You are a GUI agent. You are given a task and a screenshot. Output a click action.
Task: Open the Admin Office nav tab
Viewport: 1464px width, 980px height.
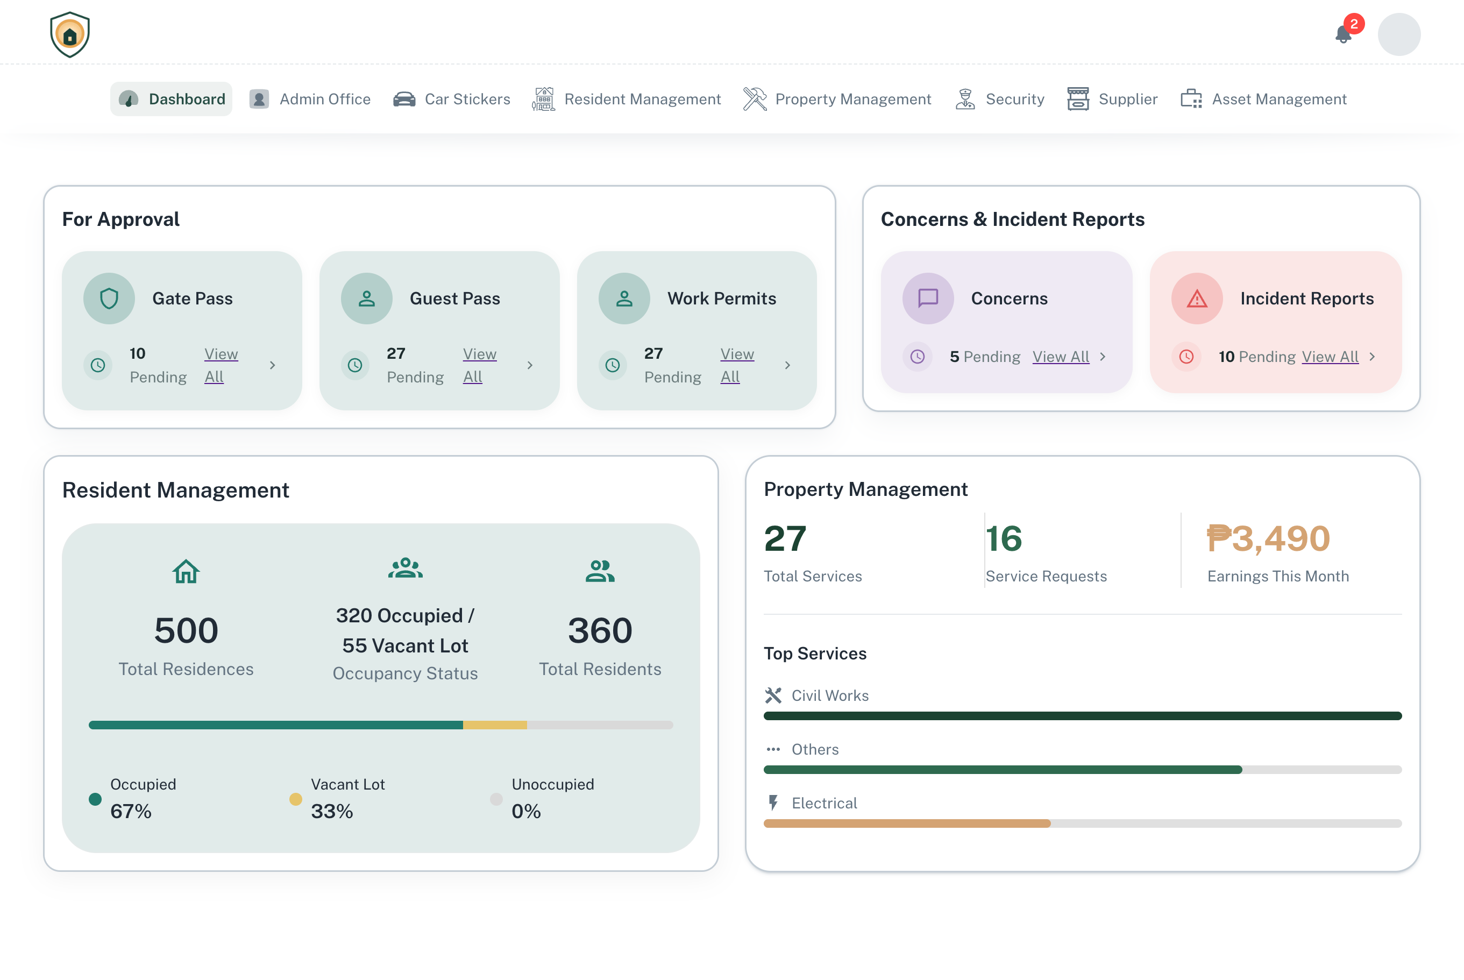(x=310, y=99)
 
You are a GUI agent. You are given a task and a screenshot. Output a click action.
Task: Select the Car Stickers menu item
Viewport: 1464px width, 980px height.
(x=451, y=99)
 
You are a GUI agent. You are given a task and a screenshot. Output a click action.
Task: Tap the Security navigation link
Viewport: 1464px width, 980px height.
(x=999, y=99)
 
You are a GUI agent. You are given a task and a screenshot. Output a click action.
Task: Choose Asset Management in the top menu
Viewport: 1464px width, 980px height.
(x=1263, y=99)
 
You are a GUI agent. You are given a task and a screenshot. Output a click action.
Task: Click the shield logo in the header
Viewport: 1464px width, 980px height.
(x=70, y=34)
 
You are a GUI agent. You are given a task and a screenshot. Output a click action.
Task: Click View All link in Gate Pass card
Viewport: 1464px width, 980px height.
(x=221, y=365)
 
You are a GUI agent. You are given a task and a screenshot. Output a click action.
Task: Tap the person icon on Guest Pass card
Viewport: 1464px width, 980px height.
(x=367, y=299)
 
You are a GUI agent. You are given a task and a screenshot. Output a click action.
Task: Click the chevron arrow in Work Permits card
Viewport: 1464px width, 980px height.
(x=787, y=365)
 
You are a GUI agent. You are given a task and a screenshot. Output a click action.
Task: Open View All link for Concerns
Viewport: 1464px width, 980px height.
(x=1061, y=356)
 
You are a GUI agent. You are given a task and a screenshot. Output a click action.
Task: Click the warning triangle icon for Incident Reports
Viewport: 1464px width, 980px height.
(x=1197, y=299)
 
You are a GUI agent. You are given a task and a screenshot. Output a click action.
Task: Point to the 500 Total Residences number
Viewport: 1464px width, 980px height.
(x=186, y=630)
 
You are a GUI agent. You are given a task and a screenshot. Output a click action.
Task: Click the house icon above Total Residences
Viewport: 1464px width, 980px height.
(x=186, y=571)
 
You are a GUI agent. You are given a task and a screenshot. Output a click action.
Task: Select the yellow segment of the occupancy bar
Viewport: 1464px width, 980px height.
(x=495, y=725)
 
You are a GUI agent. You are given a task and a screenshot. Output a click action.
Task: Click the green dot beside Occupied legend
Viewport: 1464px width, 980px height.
(x=95, y=799)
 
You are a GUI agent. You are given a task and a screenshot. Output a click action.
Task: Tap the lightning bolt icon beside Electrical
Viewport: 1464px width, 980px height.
(x=773, y=803)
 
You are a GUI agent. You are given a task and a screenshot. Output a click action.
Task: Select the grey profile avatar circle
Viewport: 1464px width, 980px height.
(x=1398, y=34)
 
